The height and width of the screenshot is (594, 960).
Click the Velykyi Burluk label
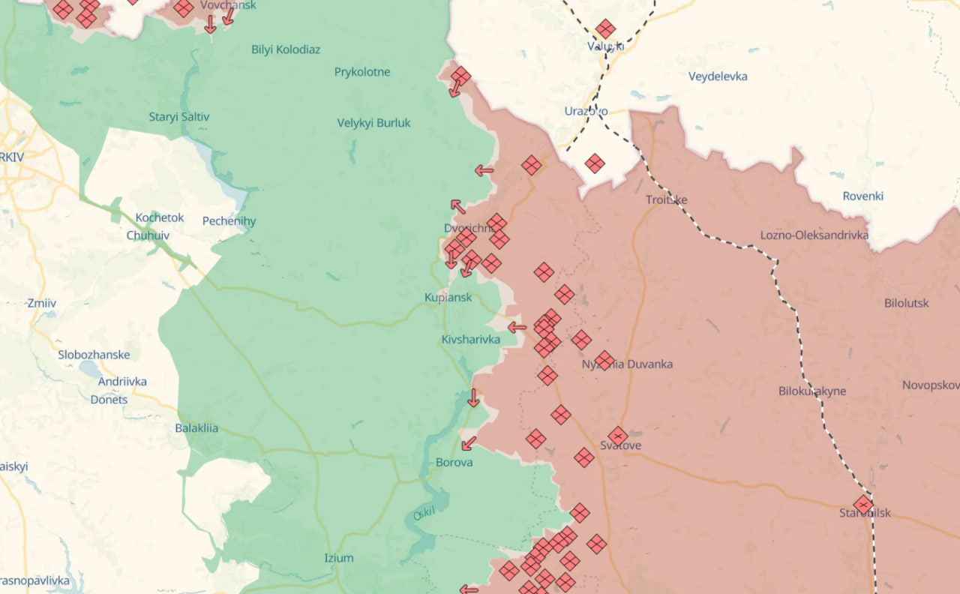tap(373, 123)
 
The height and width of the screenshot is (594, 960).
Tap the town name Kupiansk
tap(448, 297)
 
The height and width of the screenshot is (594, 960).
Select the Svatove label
tap(620, 445)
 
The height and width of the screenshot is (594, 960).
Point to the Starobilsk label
tap(865, 513)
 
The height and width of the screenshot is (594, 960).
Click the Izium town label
tap(338, 558)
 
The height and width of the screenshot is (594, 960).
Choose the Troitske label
tap(666, 199)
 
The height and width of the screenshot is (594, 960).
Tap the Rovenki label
tap(862, 196)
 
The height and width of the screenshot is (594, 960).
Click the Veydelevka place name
tap(718, 76)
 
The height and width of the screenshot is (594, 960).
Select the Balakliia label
tap(196, 428)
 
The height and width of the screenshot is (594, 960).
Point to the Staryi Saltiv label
tap(179, 117)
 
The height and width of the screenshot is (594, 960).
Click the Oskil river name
tap(424, 514)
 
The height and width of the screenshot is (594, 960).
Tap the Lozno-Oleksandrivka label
tap(814, 235)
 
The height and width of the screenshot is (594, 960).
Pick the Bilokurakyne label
tap(812, 391)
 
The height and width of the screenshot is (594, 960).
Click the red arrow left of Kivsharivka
tap(517, 327)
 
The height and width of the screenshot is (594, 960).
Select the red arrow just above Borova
tap(469, 443)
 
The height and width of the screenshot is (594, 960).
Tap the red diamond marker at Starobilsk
tap(863, 504)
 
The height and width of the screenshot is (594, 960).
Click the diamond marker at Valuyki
tap(605, 29)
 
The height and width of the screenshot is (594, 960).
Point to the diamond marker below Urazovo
tap(595, 163)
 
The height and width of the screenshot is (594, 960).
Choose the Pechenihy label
tap(229, 220)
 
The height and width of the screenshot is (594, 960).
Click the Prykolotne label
tap(362, 72)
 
